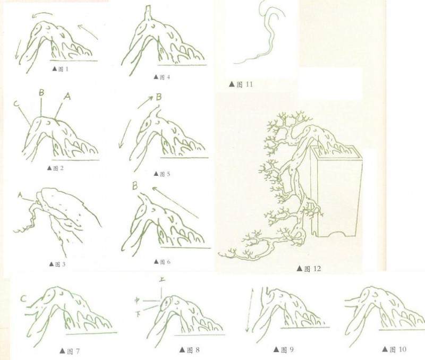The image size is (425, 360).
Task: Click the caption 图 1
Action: coord(60,69)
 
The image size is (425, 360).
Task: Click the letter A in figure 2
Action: coord(67,96)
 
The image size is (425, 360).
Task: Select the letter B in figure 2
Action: coord(41,92)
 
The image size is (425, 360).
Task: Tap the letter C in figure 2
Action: coord(16,104)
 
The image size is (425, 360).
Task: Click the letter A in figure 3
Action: coord(20,195)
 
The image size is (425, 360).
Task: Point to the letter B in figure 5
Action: coord(159,97)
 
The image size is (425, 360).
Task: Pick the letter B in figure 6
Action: coord(135,186)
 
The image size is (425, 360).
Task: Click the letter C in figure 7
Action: coord(23,298)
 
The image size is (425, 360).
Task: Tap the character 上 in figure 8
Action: coord(162,279)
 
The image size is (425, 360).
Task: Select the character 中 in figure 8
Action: coord(138,300)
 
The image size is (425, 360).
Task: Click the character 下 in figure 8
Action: coord(138,314)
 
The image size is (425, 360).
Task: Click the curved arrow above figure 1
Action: coord(42,14)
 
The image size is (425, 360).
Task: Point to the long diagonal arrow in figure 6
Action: coord(175,202)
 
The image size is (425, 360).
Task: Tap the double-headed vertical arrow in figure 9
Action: coord(249,311)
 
